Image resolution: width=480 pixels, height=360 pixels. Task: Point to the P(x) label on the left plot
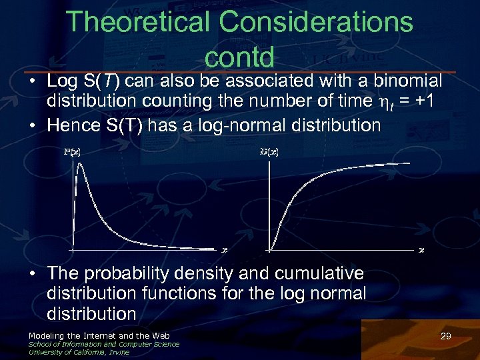tap(73, 152)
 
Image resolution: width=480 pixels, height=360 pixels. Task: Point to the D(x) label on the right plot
tap(269, 152)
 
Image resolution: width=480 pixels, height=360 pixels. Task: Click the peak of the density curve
tap(79, 164)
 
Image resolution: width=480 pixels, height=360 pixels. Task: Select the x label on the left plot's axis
tap(225, 250)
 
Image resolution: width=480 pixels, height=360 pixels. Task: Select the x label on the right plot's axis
tap(421, 250)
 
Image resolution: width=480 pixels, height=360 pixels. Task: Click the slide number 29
tap(445, 337)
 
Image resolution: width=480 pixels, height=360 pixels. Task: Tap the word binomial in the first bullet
tap(405, 81)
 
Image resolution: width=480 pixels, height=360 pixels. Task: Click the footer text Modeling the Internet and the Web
tap(99, 335)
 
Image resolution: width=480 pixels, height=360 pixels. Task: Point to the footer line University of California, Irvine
tap(79, 352)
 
